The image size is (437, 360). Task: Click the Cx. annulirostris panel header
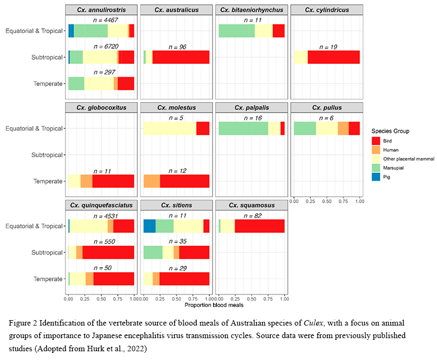click(101, 10)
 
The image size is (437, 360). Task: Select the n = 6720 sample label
click(101, 47)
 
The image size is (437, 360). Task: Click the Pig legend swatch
click(376, 177)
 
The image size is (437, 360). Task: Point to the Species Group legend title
click(391, 131)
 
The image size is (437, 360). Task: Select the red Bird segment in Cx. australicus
click(181, 57)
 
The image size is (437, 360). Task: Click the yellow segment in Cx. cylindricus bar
click(300, 57)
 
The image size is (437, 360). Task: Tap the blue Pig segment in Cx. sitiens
click(149, 226)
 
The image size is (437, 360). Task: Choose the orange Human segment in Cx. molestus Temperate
click(151, 181)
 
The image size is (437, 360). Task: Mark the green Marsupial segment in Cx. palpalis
click(243, 128)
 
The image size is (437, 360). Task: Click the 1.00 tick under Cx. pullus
click(359, 202)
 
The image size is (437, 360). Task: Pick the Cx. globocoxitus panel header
click(101, 108)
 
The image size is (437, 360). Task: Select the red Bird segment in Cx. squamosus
click(259, 226)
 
